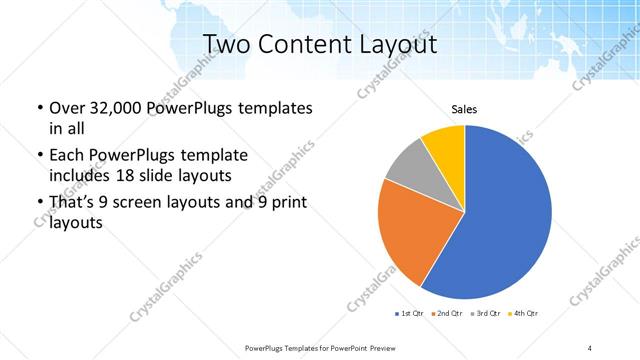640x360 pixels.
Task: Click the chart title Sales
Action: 465,108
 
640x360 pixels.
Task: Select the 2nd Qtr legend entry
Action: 446,315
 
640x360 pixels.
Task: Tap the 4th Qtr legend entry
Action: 522,315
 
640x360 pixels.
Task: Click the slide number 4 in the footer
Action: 590,347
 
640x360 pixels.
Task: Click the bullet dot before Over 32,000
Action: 38,108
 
